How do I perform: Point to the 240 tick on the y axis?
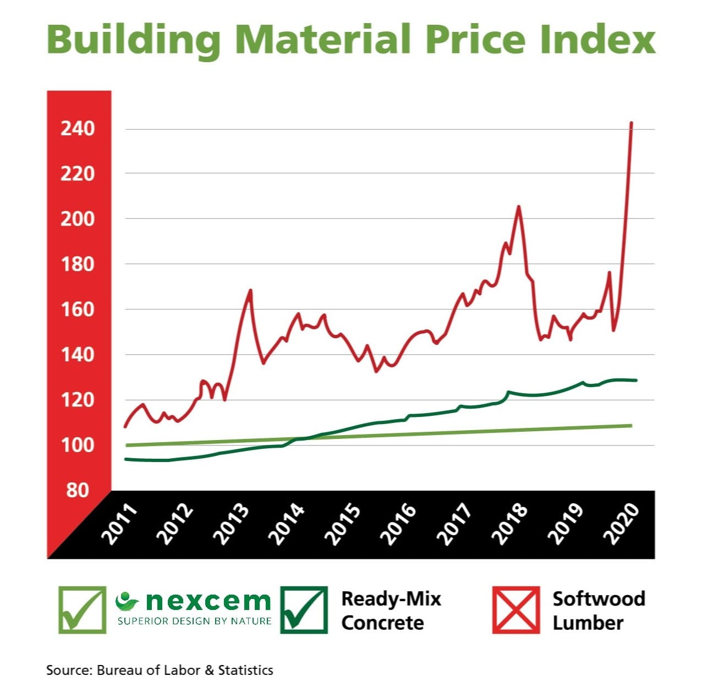[x=78, y=129]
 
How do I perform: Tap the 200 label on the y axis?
[x=78, y=219]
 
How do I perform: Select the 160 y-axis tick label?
[x=78, y=309]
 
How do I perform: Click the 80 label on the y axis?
[x=78, y=490]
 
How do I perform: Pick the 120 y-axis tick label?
[x=78, y=399]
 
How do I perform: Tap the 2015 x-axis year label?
[x=342, y=524]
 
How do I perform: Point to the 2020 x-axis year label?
[x=621, y=524]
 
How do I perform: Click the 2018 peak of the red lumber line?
[x=518, y=207]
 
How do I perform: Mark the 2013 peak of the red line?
[x=251, y=290]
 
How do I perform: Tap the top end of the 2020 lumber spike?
[x=631, y=123]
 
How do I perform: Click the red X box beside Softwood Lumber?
[x=516, y=610]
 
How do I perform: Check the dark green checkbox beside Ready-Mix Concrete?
[x=304, y=610]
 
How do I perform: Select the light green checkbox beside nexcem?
[x=83, y=610]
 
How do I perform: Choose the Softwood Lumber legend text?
[x=598, y=611]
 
